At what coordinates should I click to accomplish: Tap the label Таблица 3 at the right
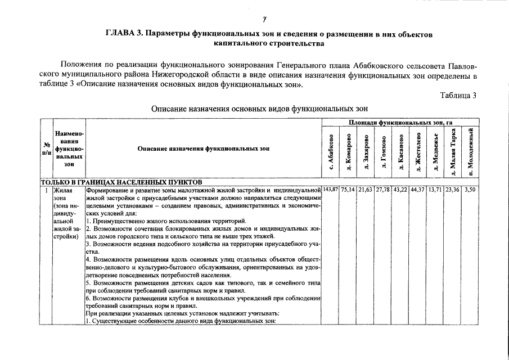(x=458, y=95)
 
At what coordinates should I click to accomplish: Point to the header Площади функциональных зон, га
(x=400, y=121)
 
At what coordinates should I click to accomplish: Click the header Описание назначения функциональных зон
(x=204, y=149)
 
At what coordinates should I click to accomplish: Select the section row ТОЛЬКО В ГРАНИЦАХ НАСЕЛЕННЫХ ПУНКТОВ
(x=118, y=182)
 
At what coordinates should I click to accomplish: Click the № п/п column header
(x=46, y=149)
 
